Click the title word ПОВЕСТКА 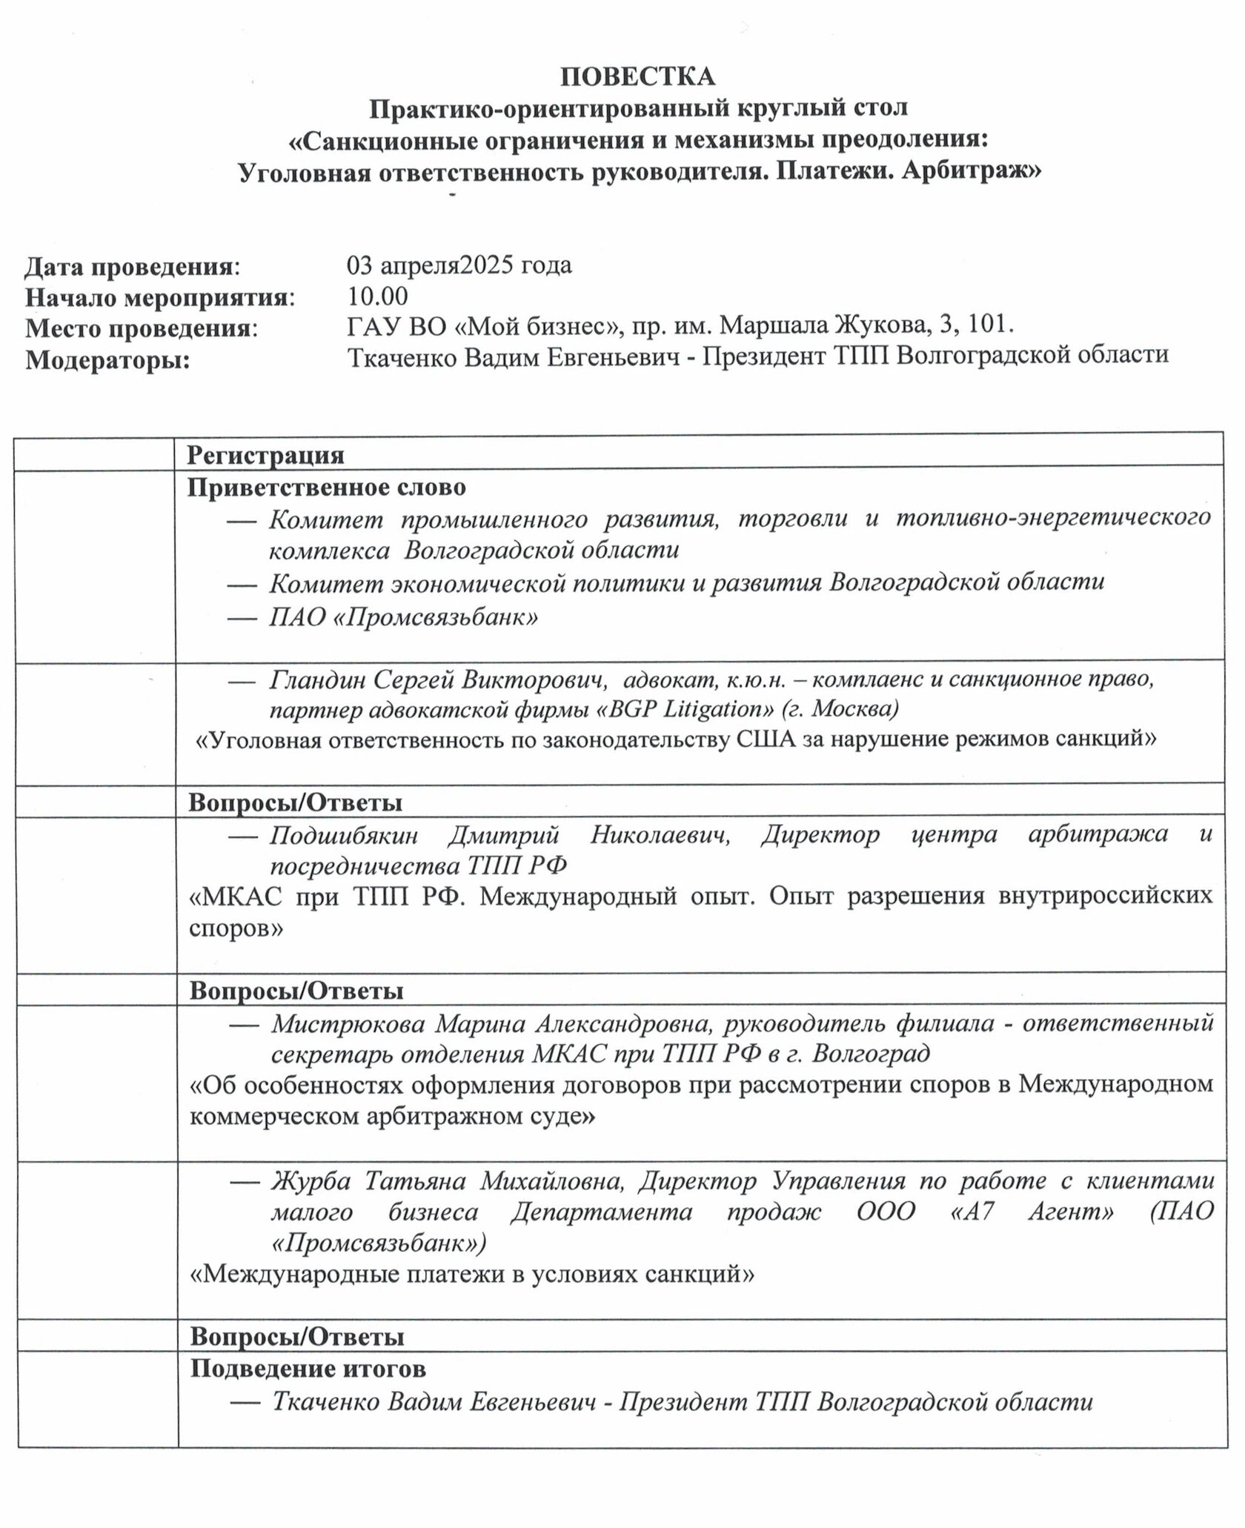click(x=637, y=76)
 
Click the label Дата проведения click(x=133, y=266)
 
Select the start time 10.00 click(x=378, y=297)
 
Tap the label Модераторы click(x=107, y=361)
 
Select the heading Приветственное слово click(x=327, y=488)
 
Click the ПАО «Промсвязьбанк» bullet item click(x=403, y=617)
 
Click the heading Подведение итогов click(x=308, y=1368)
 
